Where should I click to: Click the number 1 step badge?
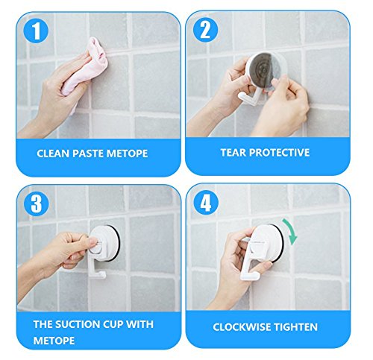(36, 31)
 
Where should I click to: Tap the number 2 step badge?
(205, 30)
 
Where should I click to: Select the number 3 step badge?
(37, 203)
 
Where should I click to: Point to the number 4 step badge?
(206, 203)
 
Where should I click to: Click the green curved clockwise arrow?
(291, 230)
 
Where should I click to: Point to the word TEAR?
(233, 153)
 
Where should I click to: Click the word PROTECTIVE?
(279, 153)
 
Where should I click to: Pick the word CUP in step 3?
(113, 324)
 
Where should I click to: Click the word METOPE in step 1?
(127, 154)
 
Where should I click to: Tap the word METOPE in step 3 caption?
(54, 341)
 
